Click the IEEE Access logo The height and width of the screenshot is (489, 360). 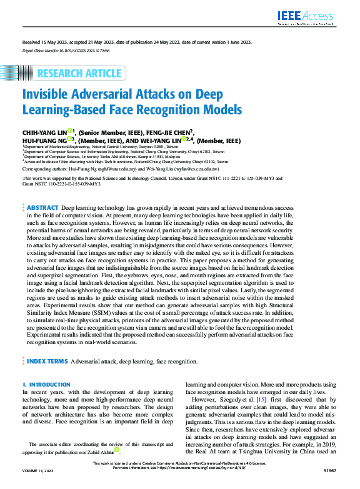(307, 14)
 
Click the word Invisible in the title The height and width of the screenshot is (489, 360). (49, 96)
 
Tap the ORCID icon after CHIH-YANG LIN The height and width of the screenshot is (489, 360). (70, 131)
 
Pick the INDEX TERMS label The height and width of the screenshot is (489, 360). (47, 361)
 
